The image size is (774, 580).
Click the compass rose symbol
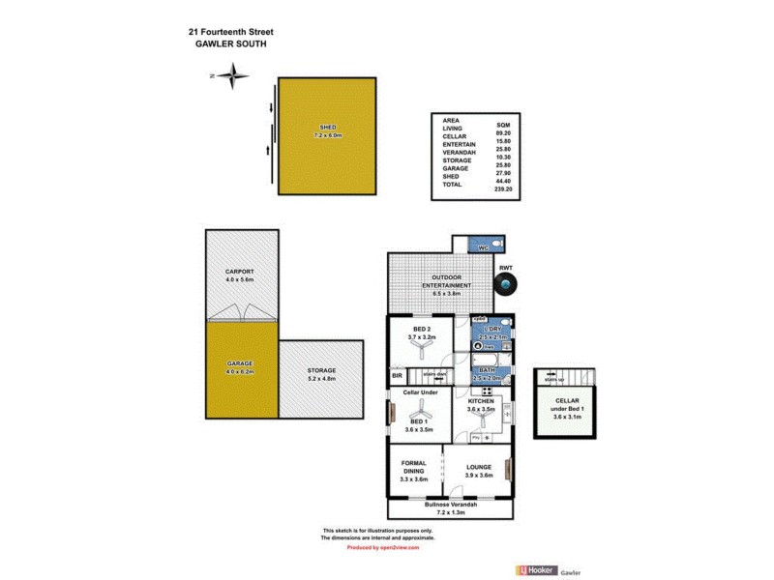pyautogui.click(x=232, y=75)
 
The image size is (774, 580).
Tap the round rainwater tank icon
pyautogui.click(x=505, y=285)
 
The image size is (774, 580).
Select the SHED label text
pyautogui.click(x=327, y=129)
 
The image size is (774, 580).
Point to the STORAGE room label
pyautogui.click(x=321, y=370)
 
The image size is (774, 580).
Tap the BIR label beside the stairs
pyautogui.click(x=397, y=375)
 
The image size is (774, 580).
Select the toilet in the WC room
pyautogui.click(x=495, y=243)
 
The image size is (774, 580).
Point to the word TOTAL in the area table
pyautogui.click(x=452, y=184)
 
